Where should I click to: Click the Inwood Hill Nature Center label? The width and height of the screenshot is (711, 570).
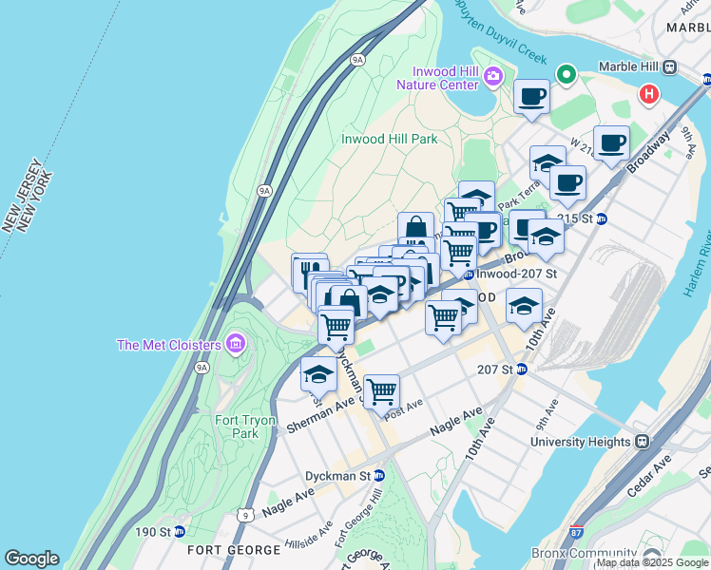coord(443,78)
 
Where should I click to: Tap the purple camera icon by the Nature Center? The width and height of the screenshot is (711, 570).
coord(493,76)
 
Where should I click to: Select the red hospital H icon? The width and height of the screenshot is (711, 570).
coord(650,94)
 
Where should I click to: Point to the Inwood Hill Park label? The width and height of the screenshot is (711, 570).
coord(389,139)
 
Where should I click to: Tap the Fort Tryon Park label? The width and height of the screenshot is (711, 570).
coord(244,427)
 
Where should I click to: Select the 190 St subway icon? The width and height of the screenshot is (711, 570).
coord(179,531)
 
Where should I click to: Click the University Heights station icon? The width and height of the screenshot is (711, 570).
coord(643,442)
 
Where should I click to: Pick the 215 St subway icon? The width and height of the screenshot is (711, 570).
coord(601,218)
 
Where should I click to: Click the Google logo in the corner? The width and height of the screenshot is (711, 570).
coord(31,559)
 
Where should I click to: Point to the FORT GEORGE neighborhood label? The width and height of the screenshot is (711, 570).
coord(234,550)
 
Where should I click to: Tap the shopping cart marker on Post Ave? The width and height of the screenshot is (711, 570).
coord(381,390)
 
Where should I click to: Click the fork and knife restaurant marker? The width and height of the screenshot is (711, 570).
coord(309,270)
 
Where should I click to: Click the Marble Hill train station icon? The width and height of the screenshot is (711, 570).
coord(669,66)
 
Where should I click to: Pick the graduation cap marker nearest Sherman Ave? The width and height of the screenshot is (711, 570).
coord(318,374)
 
